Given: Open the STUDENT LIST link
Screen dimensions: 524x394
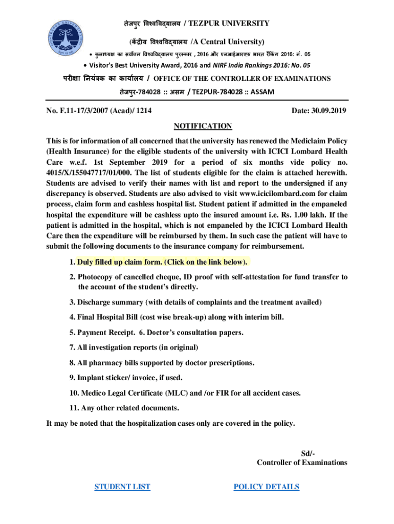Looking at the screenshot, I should tap(122, 487).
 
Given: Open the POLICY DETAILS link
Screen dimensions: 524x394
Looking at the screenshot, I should tap(266, 487).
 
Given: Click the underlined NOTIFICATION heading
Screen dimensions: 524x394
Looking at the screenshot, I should tap(203, 126).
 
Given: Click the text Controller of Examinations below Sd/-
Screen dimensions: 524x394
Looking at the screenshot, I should tap(302, 463).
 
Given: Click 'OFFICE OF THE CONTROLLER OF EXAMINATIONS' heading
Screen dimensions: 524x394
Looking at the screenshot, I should tap(242, 79).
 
